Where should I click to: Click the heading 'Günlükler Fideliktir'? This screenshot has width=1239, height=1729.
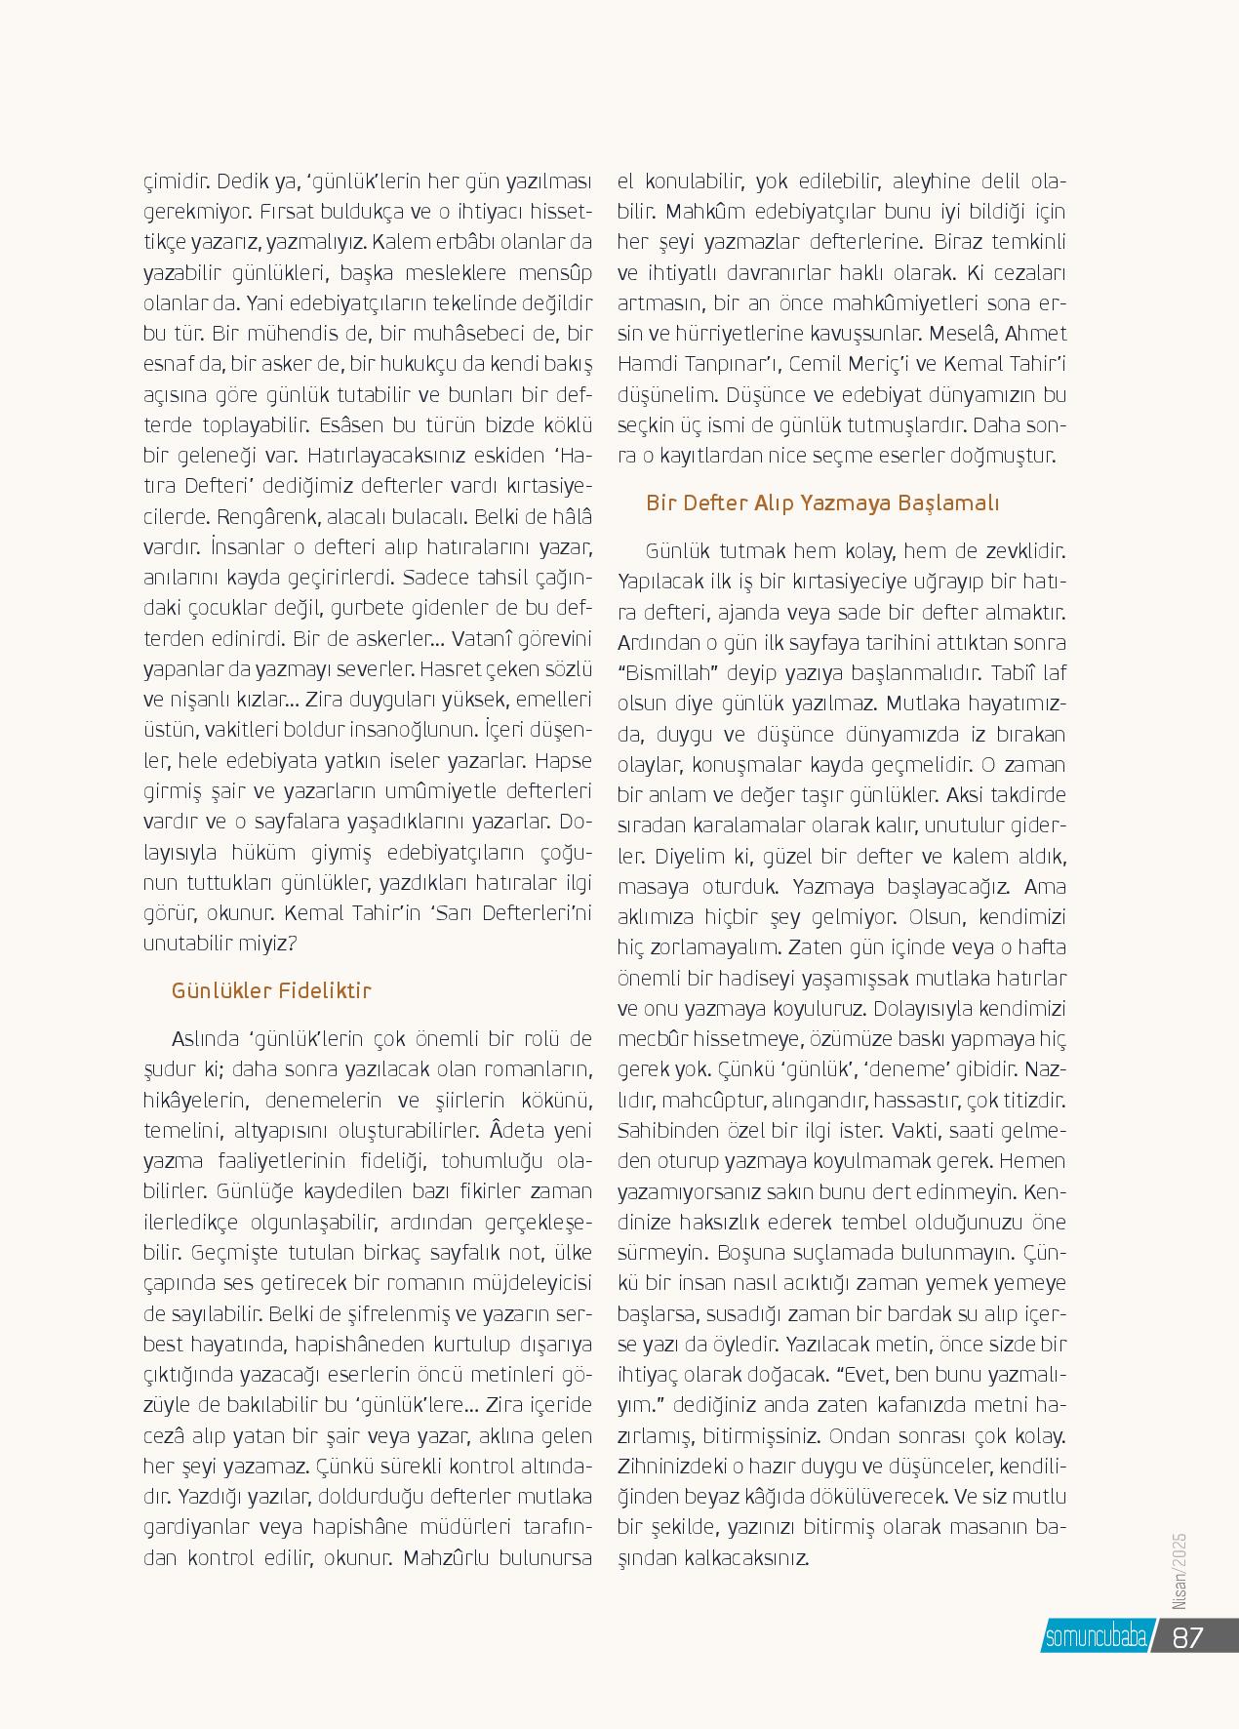tap(272, 991)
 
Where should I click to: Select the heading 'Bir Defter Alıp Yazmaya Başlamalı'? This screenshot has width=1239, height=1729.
tap(823, 503)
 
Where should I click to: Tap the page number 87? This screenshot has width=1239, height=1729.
tap(1188, 1636)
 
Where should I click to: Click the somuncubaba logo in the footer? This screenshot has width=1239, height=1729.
tap(1095, 1637)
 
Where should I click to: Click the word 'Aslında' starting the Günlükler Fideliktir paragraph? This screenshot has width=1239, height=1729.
tap(205, 1036)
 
